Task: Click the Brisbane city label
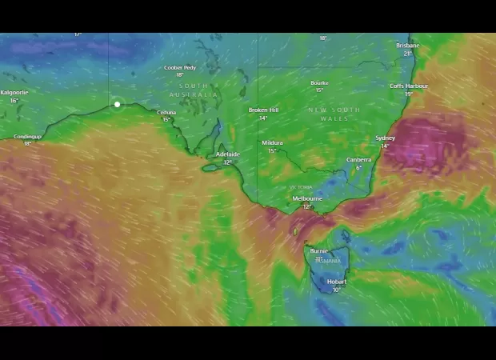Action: [x=407, y=46]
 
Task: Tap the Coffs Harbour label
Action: [x=408, y=86]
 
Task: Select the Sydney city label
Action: [x=385, y=138]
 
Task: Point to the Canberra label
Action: [x=358, y=159]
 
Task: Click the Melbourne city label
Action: [x=306, y=198]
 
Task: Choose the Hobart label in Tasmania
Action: [x=337, y=282]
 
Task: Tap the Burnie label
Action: [x=318, y=251]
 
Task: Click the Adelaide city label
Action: [x=227, y=154]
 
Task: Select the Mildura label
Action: [x=272, y=143]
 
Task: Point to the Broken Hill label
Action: [x=263, y=110]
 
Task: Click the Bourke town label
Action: [x=319, y=82]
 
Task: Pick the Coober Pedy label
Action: [x=180, y=68]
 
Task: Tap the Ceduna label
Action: [x=166, y=113]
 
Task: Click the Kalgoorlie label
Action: [x=14, y=93]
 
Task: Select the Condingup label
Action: [x=27, y=137]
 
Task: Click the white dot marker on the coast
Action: [x=118, y=104]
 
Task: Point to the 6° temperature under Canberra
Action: [x=358, y=168]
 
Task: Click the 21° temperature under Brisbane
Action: [x=407, y=54]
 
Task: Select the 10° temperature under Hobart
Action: [x=337, y=290]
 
